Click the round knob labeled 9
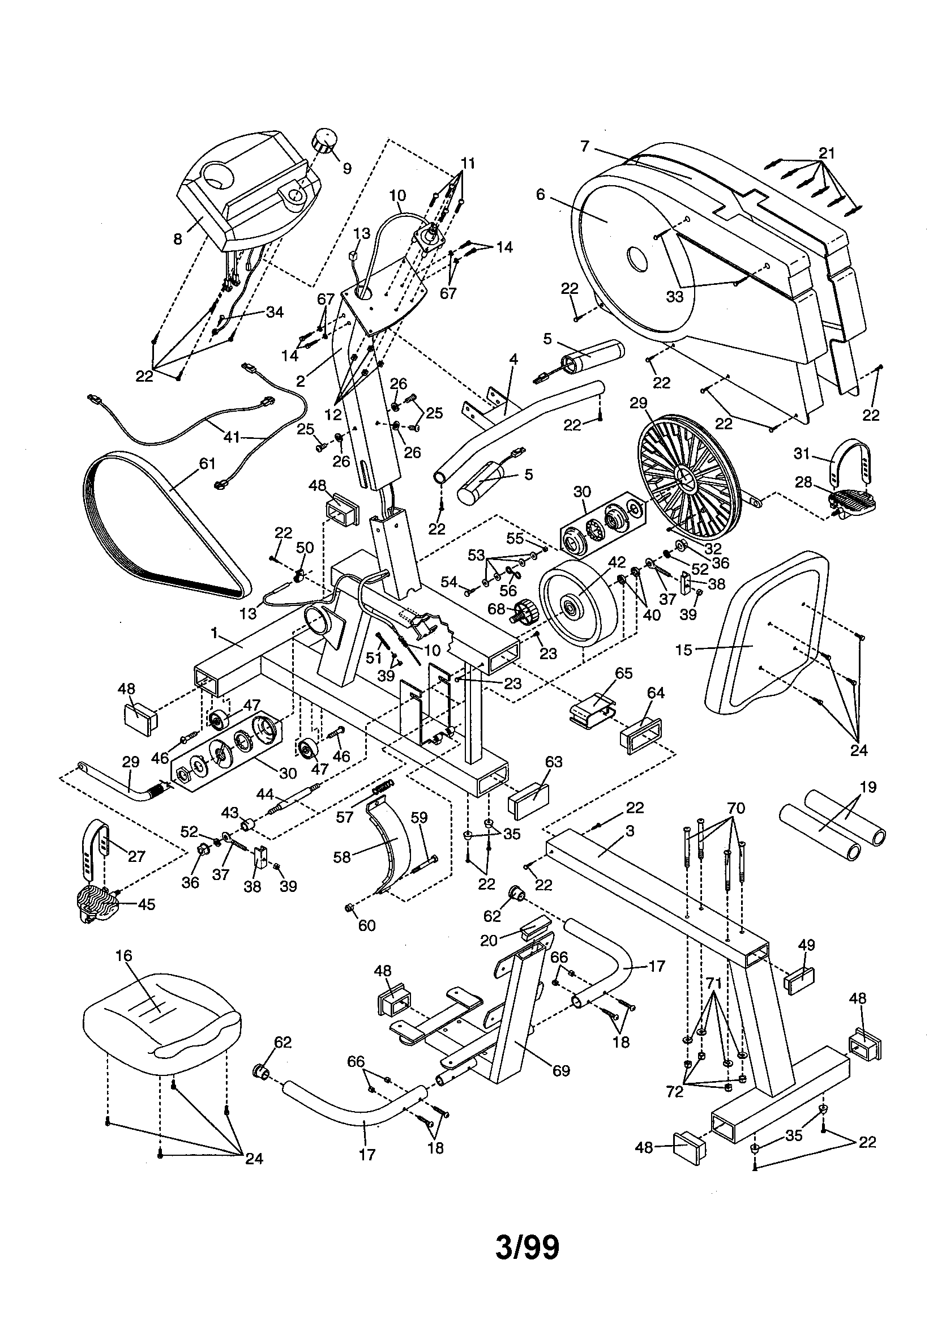pos(324,140)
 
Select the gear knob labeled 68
pos(525,612)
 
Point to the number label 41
pos(231,437)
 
